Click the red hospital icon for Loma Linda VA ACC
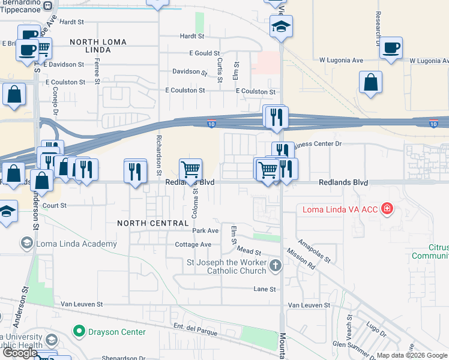[x=387, y=209]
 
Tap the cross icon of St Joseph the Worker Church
[x=275, y=265]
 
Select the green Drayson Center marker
[x=77, y=331]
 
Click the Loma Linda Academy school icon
[x=26, y=244]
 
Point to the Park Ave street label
[x=205, y=231]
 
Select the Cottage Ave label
[x=193, y=245]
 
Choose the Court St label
[x=54, y=205]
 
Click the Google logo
[x=20, y=353]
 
